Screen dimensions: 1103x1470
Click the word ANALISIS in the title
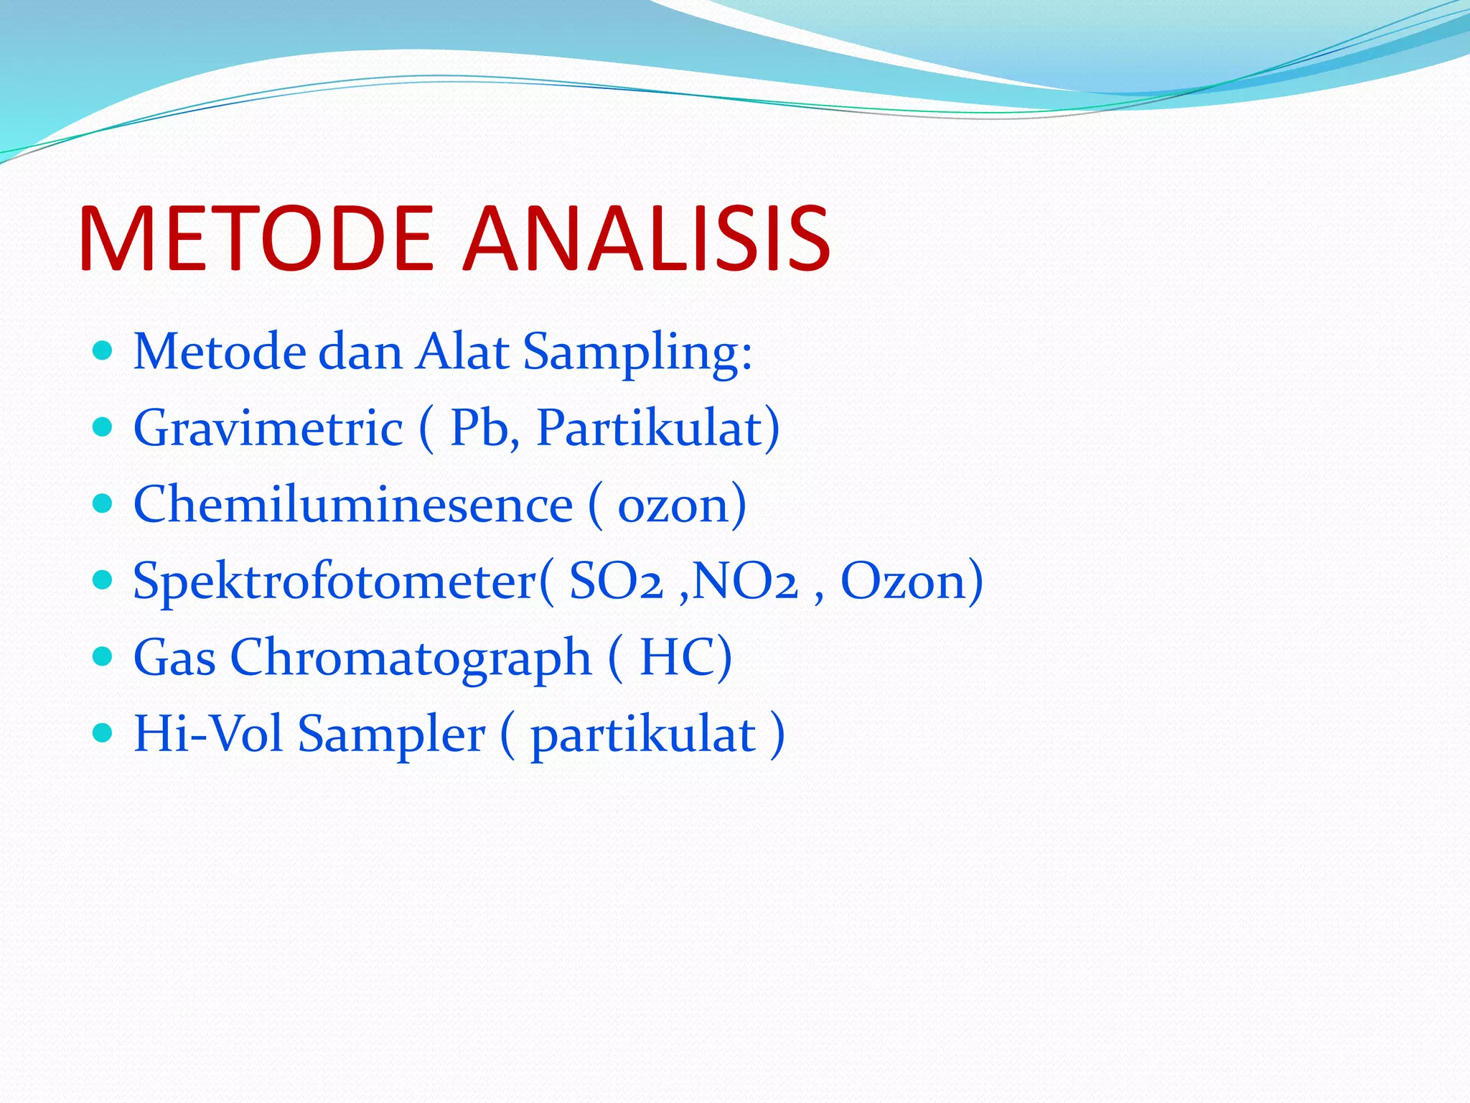pos(646,238)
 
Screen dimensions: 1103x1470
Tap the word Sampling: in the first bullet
pos(637,353)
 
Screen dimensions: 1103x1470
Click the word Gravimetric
pos(268,429)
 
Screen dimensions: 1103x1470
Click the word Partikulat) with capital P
pos(657,429)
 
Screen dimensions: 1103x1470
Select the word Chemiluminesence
pos(353,505)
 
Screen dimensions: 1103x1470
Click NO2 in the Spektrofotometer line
pos(746,582)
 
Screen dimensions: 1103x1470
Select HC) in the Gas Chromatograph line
pos(685,658)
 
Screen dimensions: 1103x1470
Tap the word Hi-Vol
pos(208,735)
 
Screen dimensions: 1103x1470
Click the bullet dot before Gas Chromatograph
pos(103,656)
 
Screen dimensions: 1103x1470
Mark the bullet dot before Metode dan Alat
pos(103,350)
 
